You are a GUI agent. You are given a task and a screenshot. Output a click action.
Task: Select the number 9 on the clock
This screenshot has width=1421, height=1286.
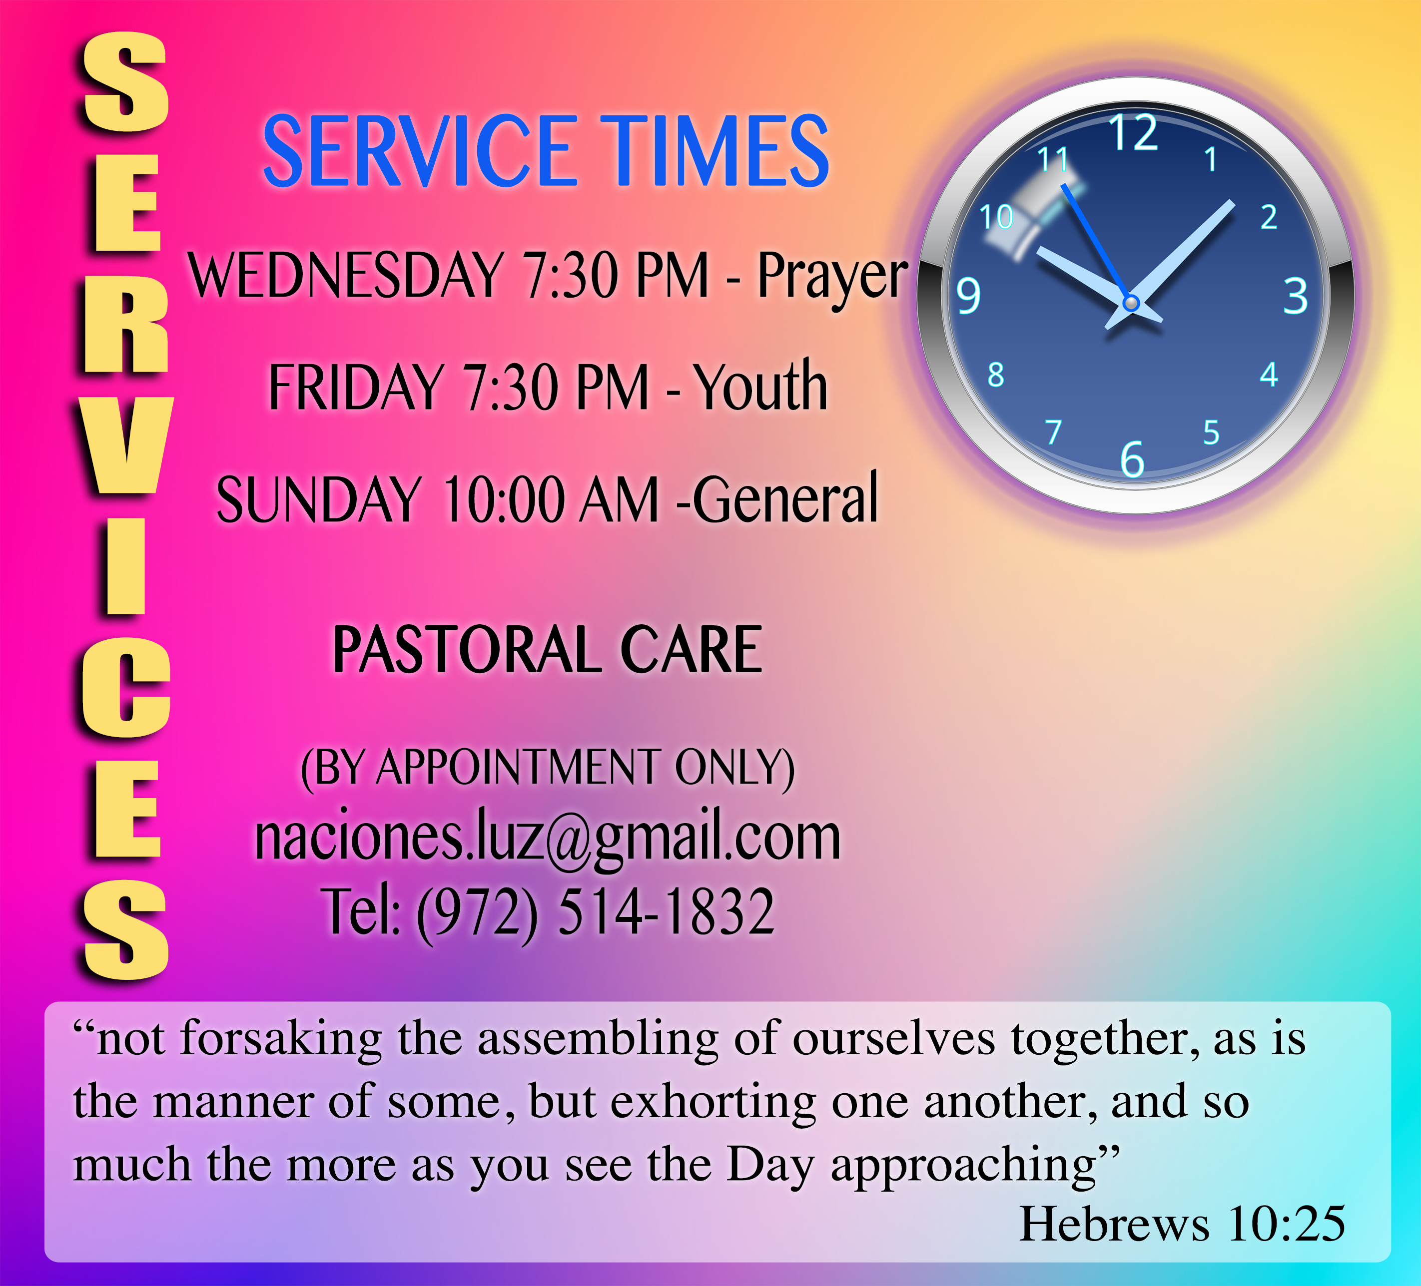pos(968,296)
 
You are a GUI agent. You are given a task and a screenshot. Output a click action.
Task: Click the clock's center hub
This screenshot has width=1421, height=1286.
pos(1131,303)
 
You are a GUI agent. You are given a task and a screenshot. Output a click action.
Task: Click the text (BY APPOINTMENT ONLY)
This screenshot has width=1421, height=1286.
pos(548,768)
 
